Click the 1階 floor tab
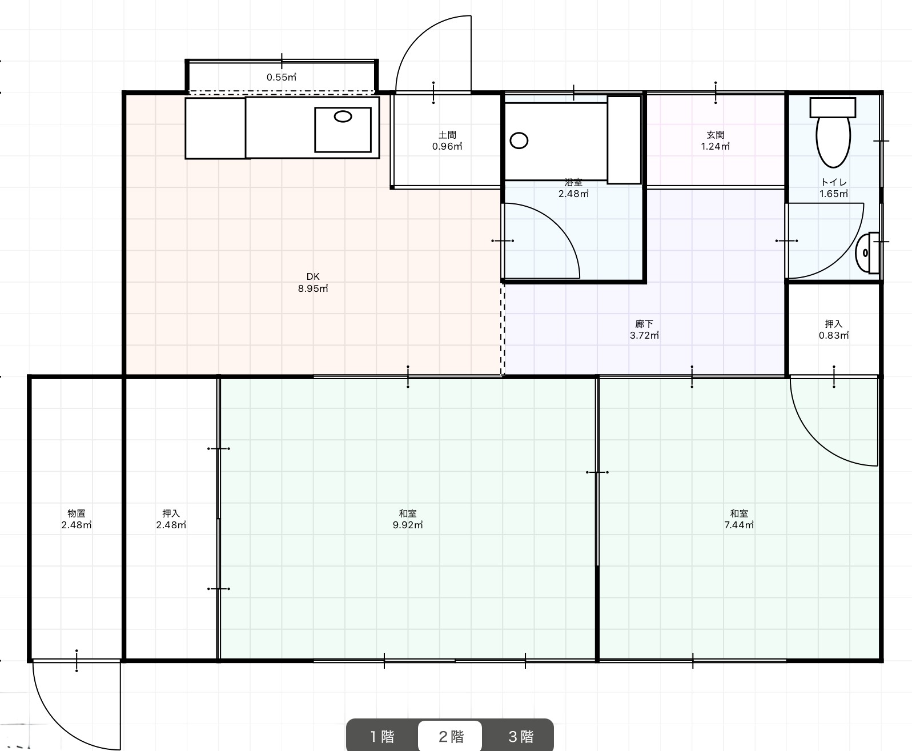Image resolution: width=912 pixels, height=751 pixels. click(x=381, y=736)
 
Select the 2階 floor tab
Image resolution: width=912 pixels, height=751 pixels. click(x=450, y=736)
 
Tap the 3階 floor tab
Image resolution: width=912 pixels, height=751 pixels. click(x=520, y=736)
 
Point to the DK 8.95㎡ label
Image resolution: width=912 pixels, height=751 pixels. click(x=313, y=283)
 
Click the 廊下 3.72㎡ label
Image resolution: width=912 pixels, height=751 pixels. click(x=644, y=330)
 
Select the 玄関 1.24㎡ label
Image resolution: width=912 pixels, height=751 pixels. click(x=716, y=140)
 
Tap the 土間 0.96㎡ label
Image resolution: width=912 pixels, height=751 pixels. click(x=447, y=140)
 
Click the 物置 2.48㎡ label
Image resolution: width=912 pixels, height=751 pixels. click(x=77, y=519)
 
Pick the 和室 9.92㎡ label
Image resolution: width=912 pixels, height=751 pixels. click(x=408, y=519)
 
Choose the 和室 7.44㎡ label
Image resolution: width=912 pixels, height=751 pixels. click(x=739, y=519)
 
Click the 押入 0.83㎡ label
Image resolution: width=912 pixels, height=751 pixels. click(x=834, y=330)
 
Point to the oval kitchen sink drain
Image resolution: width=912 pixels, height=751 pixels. click(x=343, y=117)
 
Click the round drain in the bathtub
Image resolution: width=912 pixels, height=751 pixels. click(x=519, y=140)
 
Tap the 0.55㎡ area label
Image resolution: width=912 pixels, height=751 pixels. click(x=282, y=77)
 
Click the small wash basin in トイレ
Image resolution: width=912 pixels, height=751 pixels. click(x=868, y=252)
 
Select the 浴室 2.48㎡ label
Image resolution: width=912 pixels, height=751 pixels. click(x=573, y=188)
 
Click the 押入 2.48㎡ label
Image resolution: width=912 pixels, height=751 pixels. click(x=171, y=519)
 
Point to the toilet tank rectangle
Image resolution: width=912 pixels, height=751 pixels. click(x=833, y=107)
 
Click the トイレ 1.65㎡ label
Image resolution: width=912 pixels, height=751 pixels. click(x=834, y=188)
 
